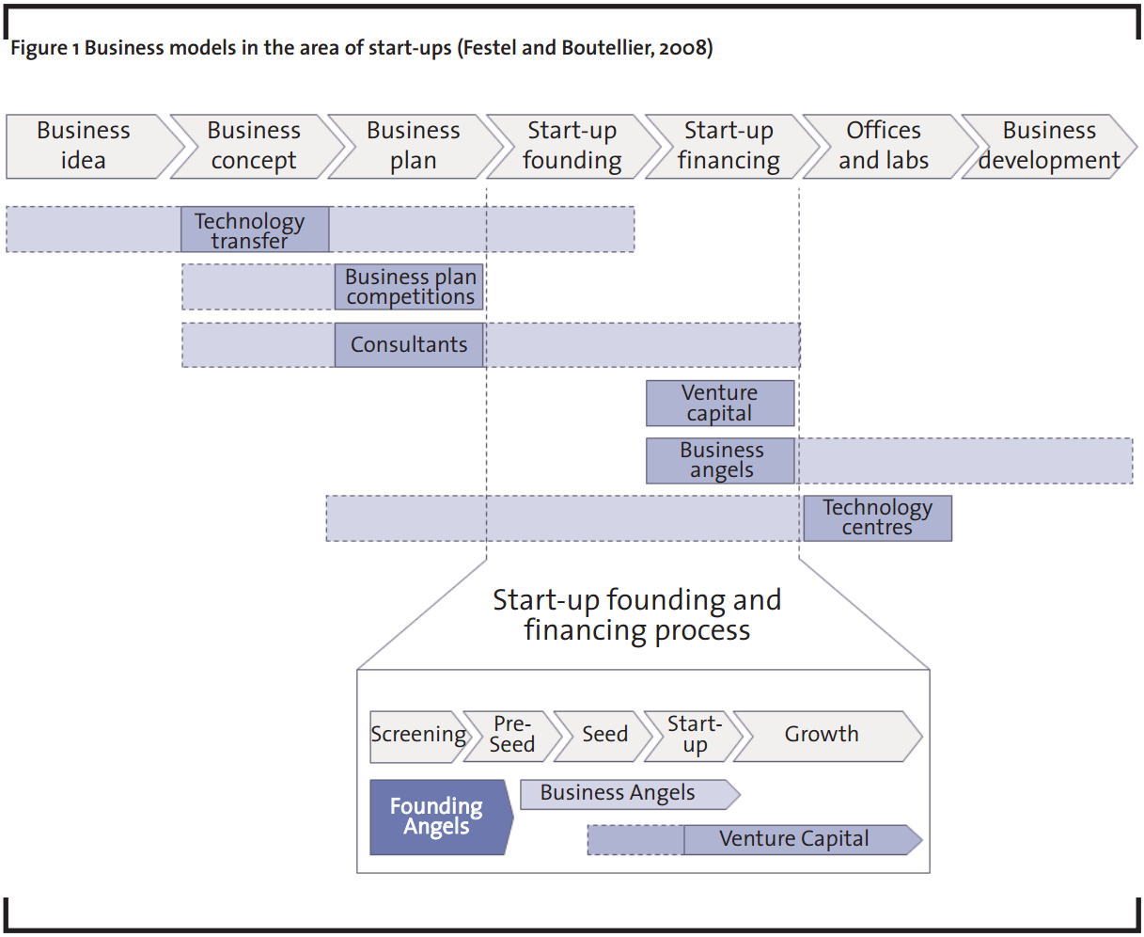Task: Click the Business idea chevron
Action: point(89,146)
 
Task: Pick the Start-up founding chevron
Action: point(573,146)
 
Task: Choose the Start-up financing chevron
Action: point(731,146)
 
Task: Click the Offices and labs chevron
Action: point(889,146)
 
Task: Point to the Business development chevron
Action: point(1049,146)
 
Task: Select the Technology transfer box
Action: point(255,230)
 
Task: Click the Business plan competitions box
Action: point(409,287)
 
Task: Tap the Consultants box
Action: point(409,344)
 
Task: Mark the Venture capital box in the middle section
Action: point(720,403)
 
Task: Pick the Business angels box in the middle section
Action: point(720,460)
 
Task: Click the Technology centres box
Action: point(878,518)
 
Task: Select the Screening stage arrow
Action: point(418,737)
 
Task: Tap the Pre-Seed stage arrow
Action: point(512,737)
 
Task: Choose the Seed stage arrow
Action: point(603,737)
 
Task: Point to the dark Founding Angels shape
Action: point(439,817)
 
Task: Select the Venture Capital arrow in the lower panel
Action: point(803,840)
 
